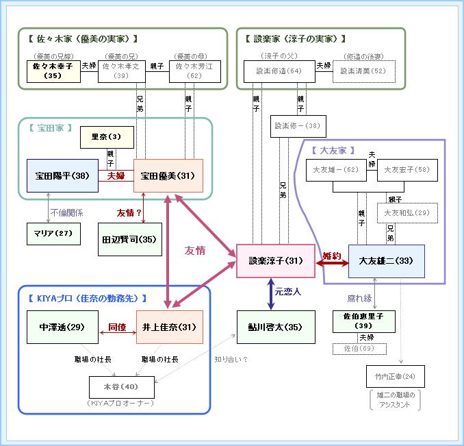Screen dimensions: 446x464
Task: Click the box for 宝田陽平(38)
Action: [61, 175]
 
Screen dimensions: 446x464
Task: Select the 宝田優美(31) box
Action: [168, 175]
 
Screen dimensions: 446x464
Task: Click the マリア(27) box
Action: [53, 234]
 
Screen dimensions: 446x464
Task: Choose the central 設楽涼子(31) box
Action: [275, 261]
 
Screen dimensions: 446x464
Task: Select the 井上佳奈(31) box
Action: [168, 327]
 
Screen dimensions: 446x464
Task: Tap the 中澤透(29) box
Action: [61, 327]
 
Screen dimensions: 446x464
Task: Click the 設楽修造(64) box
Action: [279, 71]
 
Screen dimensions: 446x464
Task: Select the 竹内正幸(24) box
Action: [395, 376]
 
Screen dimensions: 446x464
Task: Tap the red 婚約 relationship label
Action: [332, 256]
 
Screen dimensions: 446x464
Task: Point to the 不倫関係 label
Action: [66, 212]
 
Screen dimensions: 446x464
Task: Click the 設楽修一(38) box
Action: [298, 126]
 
